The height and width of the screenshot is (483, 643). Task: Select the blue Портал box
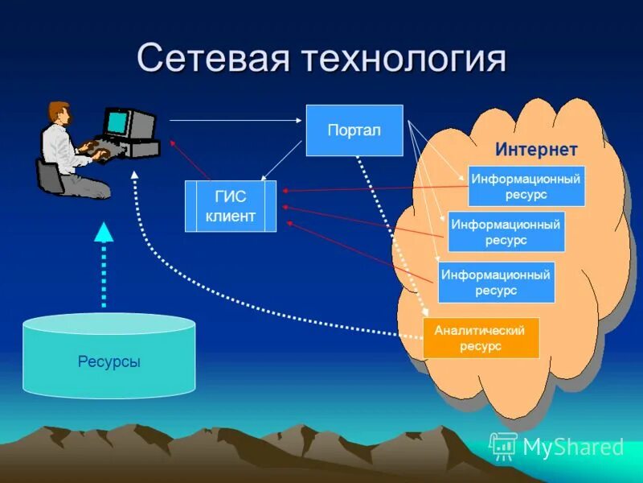click(354, 130)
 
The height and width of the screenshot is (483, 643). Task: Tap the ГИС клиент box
click(231, 206)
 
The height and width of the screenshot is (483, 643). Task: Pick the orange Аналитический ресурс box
click(481, 338)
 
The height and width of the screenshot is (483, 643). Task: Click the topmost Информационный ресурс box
click(526, 186)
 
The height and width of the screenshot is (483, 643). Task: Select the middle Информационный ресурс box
click(506, 232)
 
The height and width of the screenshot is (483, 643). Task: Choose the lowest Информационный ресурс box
click(496, 282)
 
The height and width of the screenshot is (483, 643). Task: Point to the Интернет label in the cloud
click(536, 150)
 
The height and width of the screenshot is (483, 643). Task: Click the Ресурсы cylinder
click(109, 361)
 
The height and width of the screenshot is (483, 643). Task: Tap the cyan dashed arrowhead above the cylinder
click(104, 233)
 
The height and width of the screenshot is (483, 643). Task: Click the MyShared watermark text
click(573, 447)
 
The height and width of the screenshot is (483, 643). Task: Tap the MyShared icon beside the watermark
click(503, 445)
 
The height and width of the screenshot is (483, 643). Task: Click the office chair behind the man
click(50, 176)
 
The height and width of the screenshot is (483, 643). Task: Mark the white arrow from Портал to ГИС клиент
click(281, 167)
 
